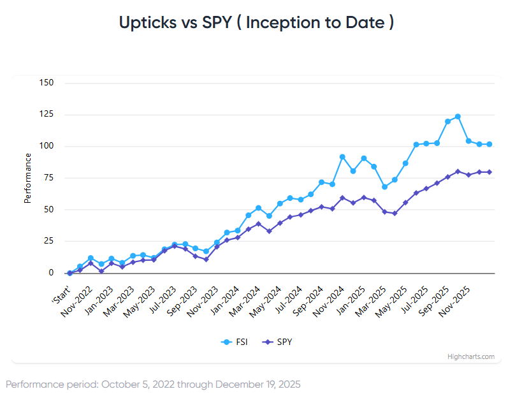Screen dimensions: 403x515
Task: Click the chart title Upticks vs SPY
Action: pos(256,22)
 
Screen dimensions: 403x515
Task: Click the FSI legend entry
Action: pos(237,342)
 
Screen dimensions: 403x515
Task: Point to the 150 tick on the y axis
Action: pos(46,83)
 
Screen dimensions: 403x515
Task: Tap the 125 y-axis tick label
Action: pos(46,115)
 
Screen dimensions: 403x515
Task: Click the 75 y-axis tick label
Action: pos(48,178)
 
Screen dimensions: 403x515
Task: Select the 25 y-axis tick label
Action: pos(48,241)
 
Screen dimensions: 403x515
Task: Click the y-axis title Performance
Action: pos(27,178)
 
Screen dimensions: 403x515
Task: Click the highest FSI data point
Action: pos(458,117)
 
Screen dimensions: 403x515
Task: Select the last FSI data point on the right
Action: pos(490,144)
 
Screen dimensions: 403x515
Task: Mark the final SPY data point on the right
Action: pos(490,172)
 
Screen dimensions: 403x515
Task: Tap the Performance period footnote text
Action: pos(153,385)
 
